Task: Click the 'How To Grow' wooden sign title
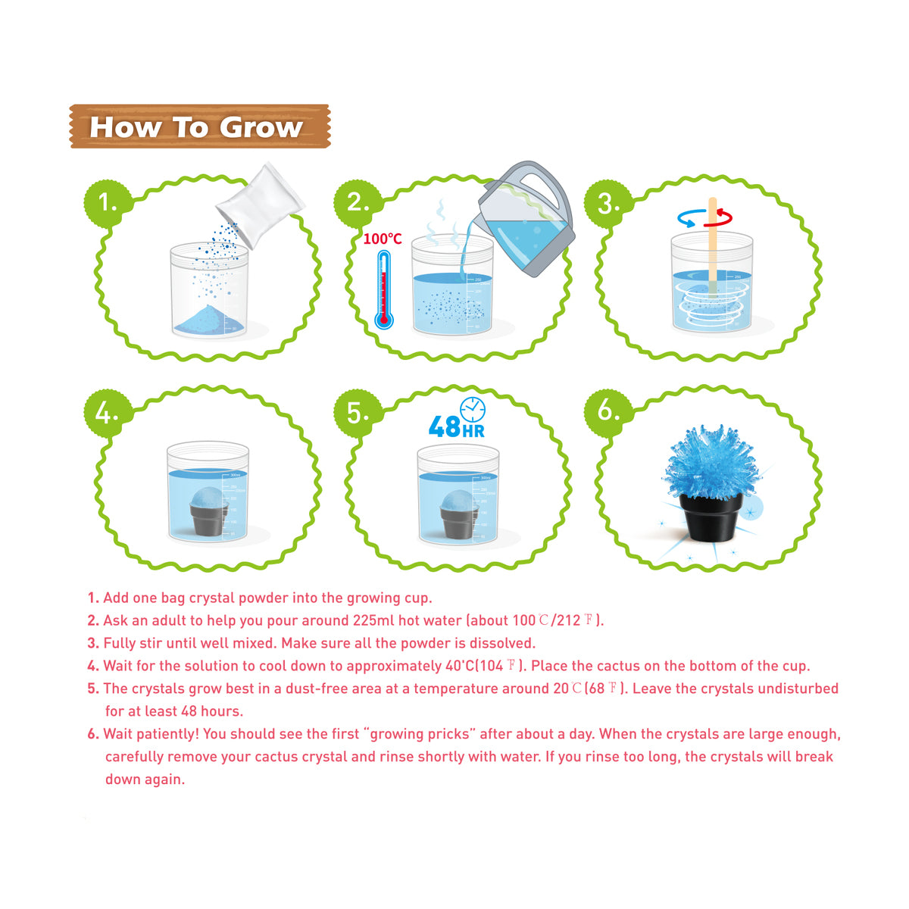pyautogui.click(x=198, y=127)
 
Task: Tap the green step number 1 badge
pyautogui.click(x=108, y=203)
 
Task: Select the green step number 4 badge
pyautogui.click(x=106, y=414)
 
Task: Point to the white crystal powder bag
pyautogui.click(x=259, y=204)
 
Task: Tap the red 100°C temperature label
pyautogui.click(x=383, y=239)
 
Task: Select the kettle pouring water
pyautogui.click(x=526, y=220)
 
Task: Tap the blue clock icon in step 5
pyautogui.click(x=473, y=409)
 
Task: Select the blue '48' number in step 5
pyautogui.click(x=444, y=427)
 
